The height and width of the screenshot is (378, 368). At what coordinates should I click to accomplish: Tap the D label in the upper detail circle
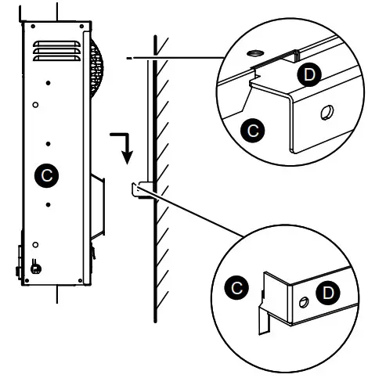tap(311, 74)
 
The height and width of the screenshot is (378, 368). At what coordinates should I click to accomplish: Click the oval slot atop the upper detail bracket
tap(254, 52)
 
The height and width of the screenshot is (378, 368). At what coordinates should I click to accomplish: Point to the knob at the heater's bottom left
tap(36, 268)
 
